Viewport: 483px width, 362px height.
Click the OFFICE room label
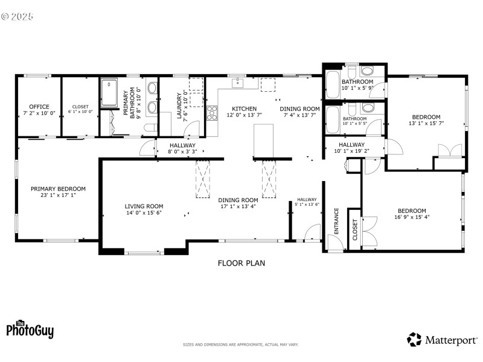point(39,107)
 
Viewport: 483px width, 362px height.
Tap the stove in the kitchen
point(212,113)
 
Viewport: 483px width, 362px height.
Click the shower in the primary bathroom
point(110,93)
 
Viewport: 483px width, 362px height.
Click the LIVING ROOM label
point(144,206)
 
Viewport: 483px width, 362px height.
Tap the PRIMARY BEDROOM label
point(58,188)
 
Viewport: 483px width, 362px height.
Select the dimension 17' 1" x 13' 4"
point(238,206)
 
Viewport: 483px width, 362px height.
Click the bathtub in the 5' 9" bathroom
point(333,85)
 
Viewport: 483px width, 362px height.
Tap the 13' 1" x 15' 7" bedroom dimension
point(426,124)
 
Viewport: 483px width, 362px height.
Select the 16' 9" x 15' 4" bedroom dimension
point(412,217)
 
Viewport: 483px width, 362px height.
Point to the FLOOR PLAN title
point(241,263)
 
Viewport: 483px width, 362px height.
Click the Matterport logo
point(442,340)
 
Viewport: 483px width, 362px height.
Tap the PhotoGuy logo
point(30,329)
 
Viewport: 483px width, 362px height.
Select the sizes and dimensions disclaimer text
point(241,345)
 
